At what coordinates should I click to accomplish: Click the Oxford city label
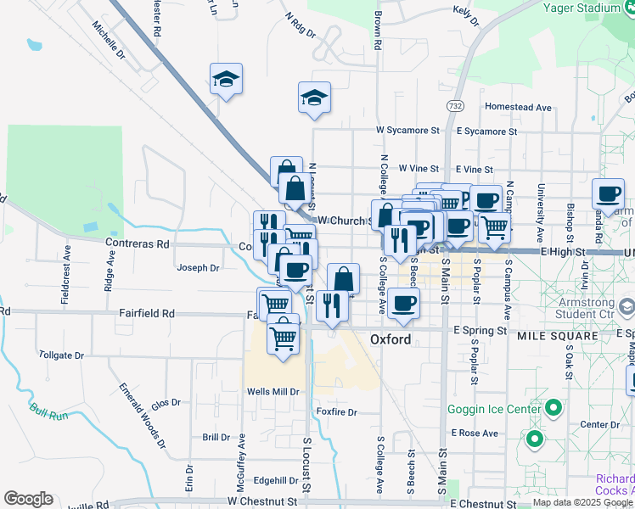(391, 339)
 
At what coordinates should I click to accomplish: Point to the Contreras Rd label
(138, 243)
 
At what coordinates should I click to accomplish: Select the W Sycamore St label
(408, 131)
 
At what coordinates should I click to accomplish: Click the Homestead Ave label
(518, 107)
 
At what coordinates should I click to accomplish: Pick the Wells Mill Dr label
(273, 392)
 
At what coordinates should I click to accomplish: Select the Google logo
(28, 499)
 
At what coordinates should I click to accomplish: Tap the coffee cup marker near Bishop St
(609, 194)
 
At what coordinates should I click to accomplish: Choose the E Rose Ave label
(475, 433)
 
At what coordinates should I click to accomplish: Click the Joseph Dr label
(198, 268)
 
